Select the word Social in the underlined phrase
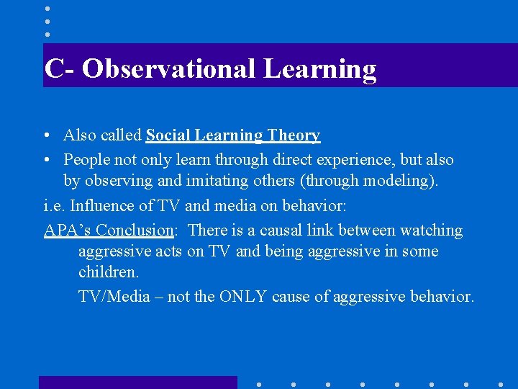tap(168, 135)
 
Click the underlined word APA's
tap(68, 231)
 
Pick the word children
tap(109, 273)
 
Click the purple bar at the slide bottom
tap(137, 383)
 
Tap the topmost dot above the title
tap(47, 9)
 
